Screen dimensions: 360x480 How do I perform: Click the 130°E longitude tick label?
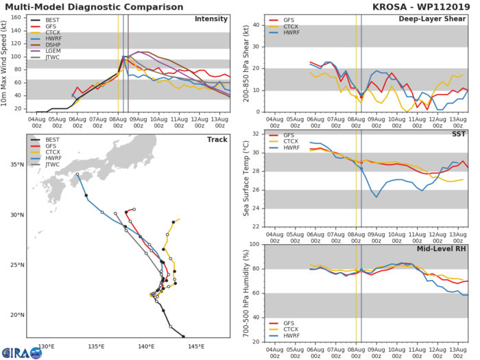(x=46, y=346)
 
